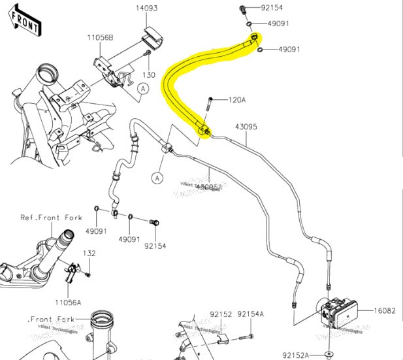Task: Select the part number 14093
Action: click(147, 8)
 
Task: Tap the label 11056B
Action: click(101, 39)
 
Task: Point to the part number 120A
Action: click(236, 100)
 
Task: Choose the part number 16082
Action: click(385, 311)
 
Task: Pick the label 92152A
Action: click(295, 355)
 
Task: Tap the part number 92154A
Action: click(251, 314)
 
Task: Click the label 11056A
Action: click(68, 303)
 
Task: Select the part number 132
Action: click(89, 253)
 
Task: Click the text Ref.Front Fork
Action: click(51, 218)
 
